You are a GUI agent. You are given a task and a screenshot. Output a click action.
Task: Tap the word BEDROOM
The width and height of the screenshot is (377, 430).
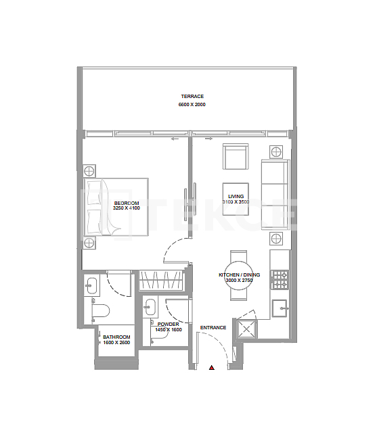point(127,204)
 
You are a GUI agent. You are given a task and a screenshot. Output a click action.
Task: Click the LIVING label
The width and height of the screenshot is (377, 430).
point(236,196)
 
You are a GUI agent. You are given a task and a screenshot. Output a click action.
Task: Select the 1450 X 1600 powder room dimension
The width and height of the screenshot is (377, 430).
point(169,329)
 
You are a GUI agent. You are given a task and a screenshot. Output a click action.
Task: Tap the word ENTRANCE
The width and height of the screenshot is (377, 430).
point(213,328)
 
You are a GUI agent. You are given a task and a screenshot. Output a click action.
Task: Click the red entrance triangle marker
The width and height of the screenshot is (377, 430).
point(212,368)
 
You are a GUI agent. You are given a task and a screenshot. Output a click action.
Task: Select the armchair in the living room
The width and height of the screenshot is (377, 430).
point(236,158)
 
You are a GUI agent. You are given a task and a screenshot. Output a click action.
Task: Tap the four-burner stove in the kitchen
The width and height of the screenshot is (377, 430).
point(280,277)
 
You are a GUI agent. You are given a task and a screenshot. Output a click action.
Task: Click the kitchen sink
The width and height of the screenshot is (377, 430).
point(280,308)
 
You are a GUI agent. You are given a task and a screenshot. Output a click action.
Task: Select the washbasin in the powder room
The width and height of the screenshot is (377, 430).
point(150,308)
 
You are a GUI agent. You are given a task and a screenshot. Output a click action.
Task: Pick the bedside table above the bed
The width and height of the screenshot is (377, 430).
point(90,170)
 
